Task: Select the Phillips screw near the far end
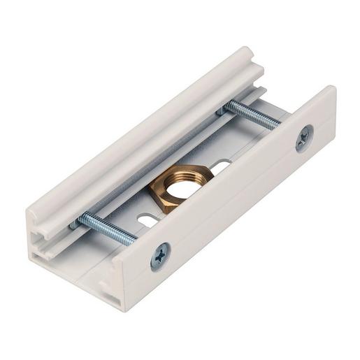point(304,138)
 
